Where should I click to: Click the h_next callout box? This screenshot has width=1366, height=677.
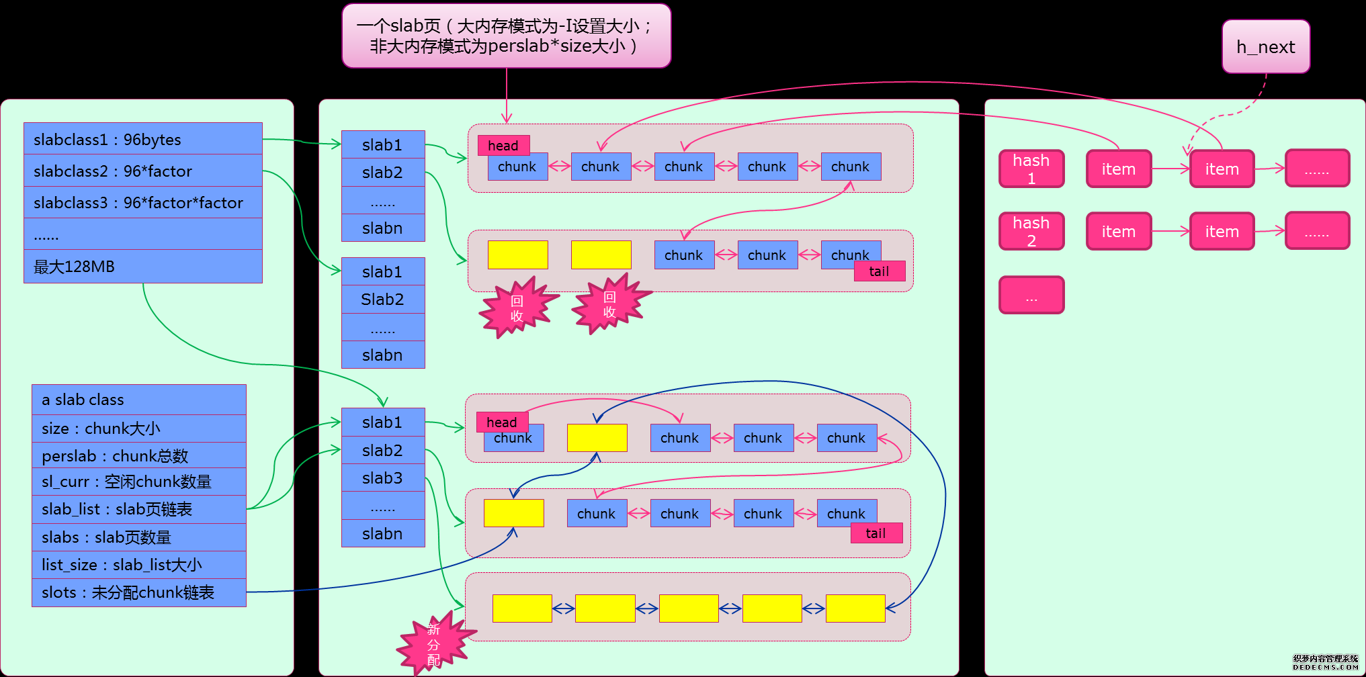(1266, 46)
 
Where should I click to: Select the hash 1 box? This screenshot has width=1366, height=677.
(1031, 169)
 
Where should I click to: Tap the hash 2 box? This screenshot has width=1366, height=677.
(1031, 231)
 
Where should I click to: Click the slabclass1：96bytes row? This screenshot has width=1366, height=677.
(142, 139)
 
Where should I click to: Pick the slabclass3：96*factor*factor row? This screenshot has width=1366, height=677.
(142, 202)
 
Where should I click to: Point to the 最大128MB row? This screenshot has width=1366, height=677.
(142, 267)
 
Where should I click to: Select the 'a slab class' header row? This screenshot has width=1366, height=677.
(138, 400)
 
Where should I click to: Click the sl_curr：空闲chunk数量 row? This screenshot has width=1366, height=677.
(138, 482)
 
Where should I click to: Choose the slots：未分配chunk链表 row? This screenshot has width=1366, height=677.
(138, 592)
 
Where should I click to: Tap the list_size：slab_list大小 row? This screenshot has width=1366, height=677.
(138, 565)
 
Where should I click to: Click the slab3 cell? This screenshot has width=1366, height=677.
(383, 478)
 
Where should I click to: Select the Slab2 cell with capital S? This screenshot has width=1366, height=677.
(383, 299)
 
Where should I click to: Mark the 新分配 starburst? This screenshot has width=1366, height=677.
(434, 643)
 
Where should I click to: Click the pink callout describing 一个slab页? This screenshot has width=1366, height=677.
(506, 36)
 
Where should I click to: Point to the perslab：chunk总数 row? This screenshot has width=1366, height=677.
(138, 455)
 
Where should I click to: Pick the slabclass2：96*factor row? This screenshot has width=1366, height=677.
(142, 171)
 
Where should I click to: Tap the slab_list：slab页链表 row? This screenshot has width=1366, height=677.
(138, 509)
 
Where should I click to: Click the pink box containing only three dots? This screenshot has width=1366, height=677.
(1031, 295)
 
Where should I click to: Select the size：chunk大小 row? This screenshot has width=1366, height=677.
(138, 428)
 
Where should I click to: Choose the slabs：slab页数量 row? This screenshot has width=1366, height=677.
(138, 537)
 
